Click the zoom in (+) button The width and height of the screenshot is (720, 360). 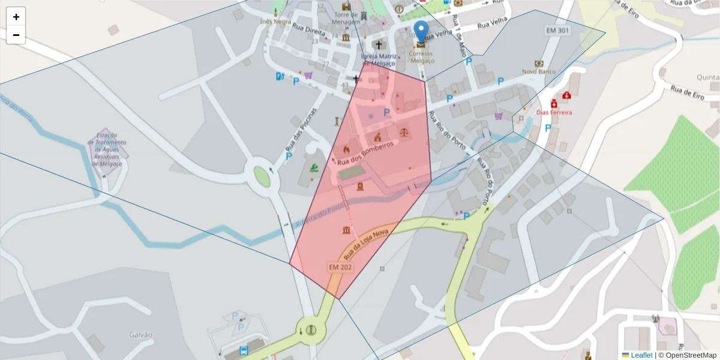(x=16, y=17)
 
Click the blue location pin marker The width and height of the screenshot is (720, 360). (x=422, y=31)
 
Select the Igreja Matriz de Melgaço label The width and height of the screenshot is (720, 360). (x=379, y=60)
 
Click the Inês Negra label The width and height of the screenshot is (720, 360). (x=275, y=21)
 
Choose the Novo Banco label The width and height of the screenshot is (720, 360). (x=539, y=71)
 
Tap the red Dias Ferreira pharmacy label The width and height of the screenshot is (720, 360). (x=554, y=112)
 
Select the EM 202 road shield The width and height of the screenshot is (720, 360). (x=340, y=266)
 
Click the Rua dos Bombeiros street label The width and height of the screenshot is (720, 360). (x=364, y=154)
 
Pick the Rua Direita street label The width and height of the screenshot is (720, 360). (x=305, y=28)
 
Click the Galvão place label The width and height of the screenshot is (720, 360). (x=140, y=334)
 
